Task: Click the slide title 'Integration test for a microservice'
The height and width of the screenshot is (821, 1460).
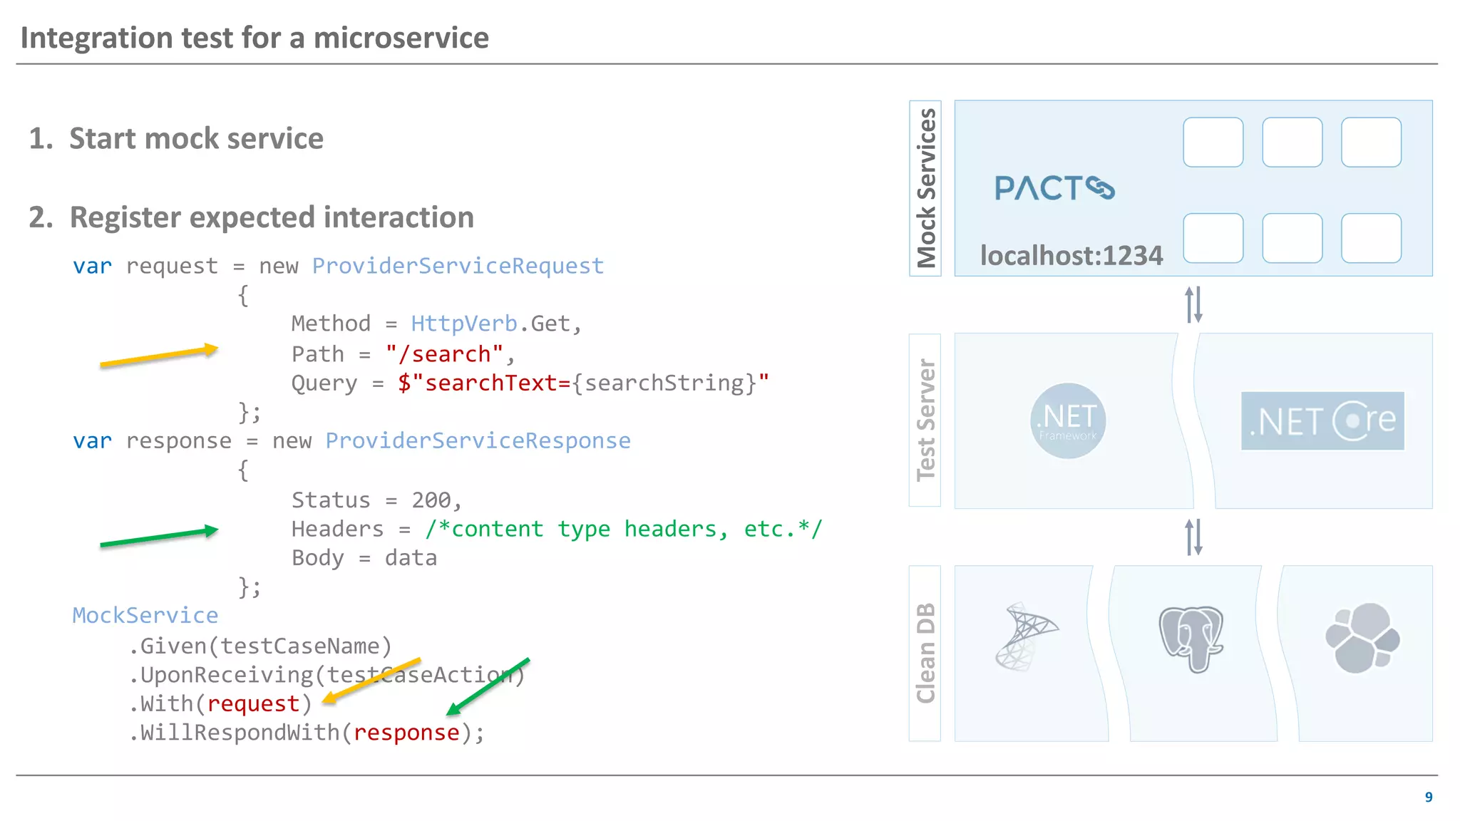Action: [x=255, y=38]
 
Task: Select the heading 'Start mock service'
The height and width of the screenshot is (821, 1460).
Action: [x=196, y=138]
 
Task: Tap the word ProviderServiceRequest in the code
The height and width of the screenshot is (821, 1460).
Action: [x=458, y=266]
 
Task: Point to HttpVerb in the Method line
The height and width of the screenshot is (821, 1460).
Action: [x=464, y=324]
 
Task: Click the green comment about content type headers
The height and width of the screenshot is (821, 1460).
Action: [x=623, y=530]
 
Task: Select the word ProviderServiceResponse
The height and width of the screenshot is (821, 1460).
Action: [x=478, y=441]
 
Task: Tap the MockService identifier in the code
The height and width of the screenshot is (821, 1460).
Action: [x=145, y=616]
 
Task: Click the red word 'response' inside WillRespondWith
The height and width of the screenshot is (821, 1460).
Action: [x=406, y=733]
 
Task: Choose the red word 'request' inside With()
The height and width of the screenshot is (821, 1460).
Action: [x=253, y=704]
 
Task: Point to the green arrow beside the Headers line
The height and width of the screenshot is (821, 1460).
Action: [x=158, y=537]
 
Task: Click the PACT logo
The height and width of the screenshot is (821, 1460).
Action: [x=1054, y=188]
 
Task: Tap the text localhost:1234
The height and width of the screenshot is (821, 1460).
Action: [x=1071, y=256]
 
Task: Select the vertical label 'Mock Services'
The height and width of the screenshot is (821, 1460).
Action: [x=925, y=188]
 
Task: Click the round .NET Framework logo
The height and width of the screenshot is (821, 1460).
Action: [x=1068, y=420]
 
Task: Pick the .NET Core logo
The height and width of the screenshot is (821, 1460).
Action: [x=1322, y=420]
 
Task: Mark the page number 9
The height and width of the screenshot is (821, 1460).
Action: [x=1429, y=797]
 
